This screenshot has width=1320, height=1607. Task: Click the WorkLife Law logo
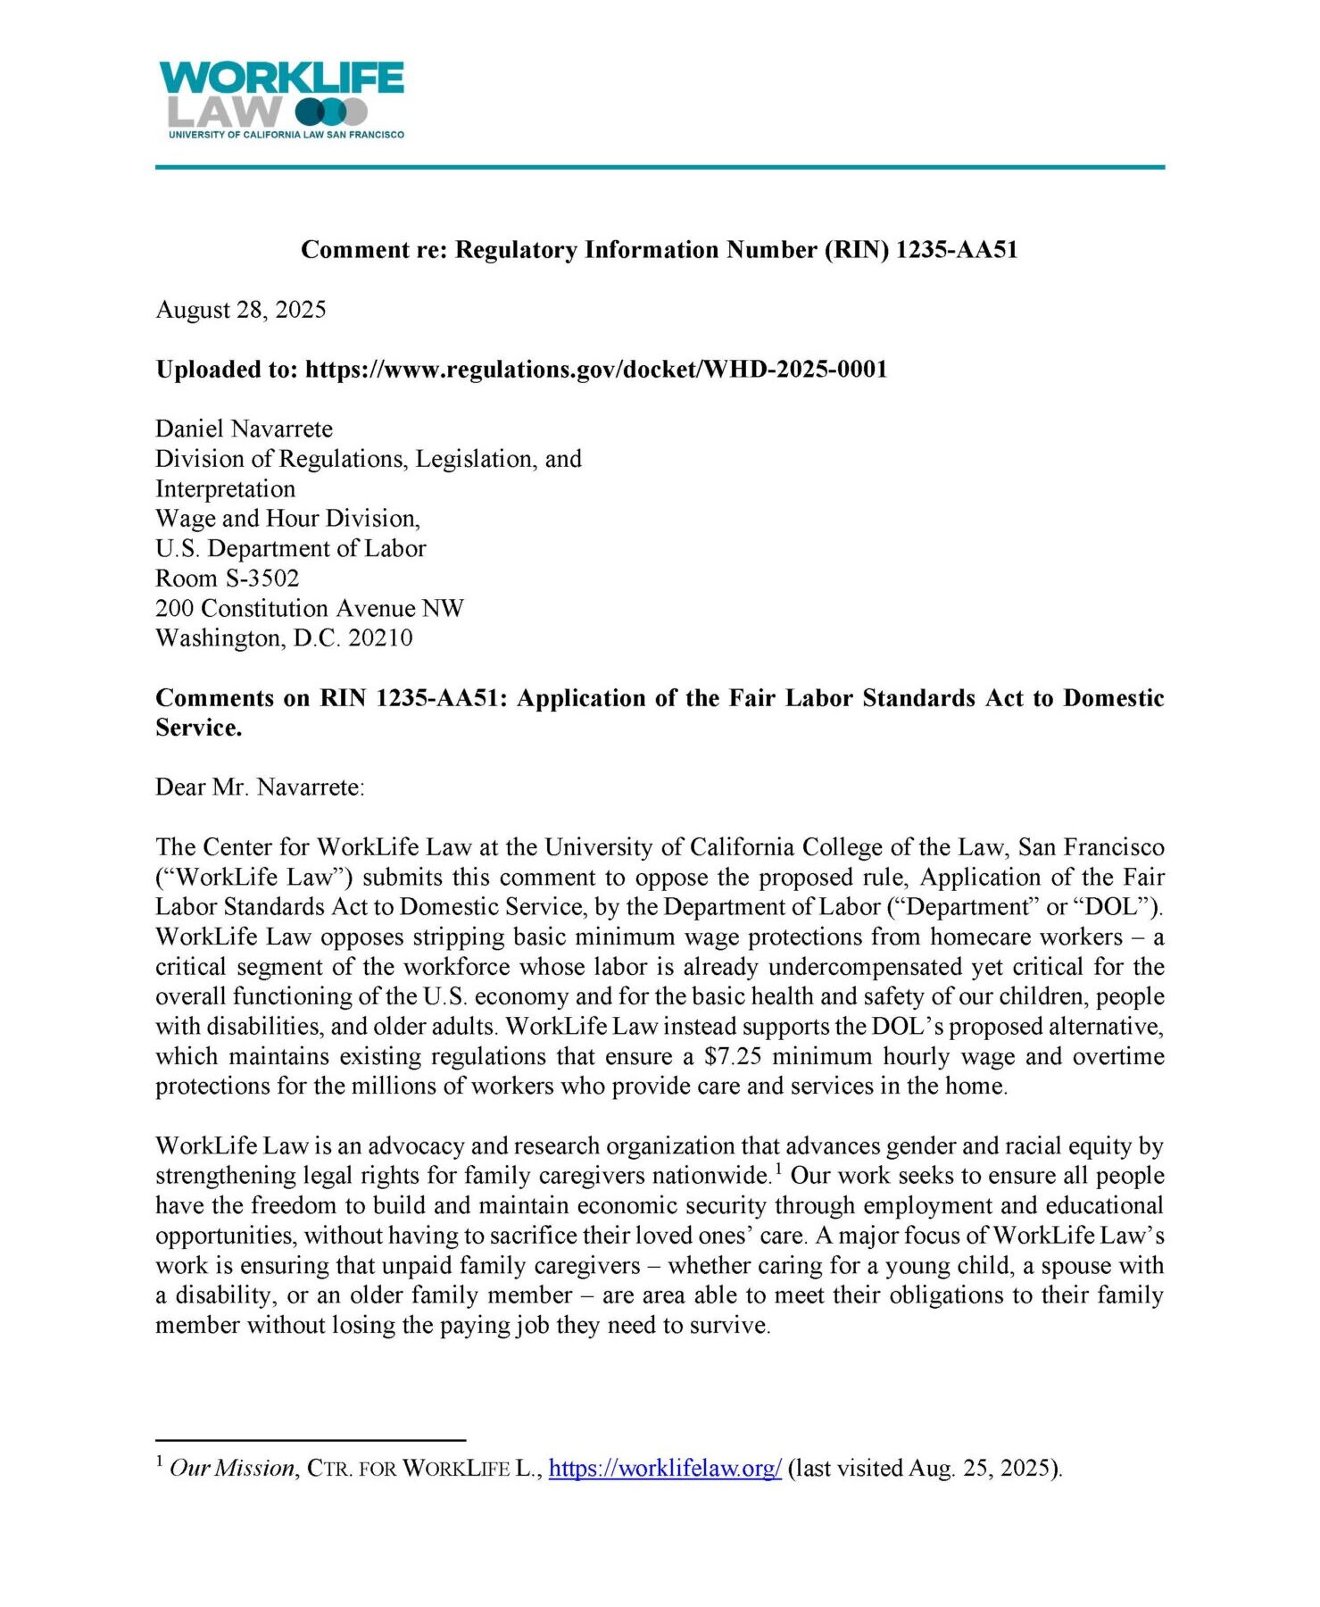pyautogui.click(x=281, y=95)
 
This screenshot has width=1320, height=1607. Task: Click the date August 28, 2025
pyautogui.click(x=241, y=310)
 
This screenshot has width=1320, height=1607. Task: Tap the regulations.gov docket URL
pyautogui.click(x=596, y=370)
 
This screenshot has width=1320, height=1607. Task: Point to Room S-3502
pyautogui.click(x=227, y=579)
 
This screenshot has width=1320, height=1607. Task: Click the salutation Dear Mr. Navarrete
pyautogui.click(x=260, y=787)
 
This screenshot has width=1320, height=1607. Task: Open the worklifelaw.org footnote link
pyautogui.click(x=665, y=1469)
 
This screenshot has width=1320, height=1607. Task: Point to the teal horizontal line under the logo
pyautogui.click(x=660, y=167)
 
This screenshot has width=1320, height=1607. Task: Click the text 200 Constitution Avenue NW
pyautogui.click(x=309, y=609)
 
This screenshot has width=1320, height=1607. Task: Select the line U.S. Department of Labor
pyautogui.click(x=290, y=549)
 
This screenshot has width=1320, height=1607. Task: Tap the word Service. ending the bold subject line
pyautogui.click(x=198, y=729)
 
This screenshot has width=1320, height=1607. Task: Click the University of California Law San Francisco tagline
pyautogui.click(x=286, y=135)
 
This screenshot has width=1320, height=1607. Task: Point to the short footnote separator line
pyautogui.click(x=311, y=1440)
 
